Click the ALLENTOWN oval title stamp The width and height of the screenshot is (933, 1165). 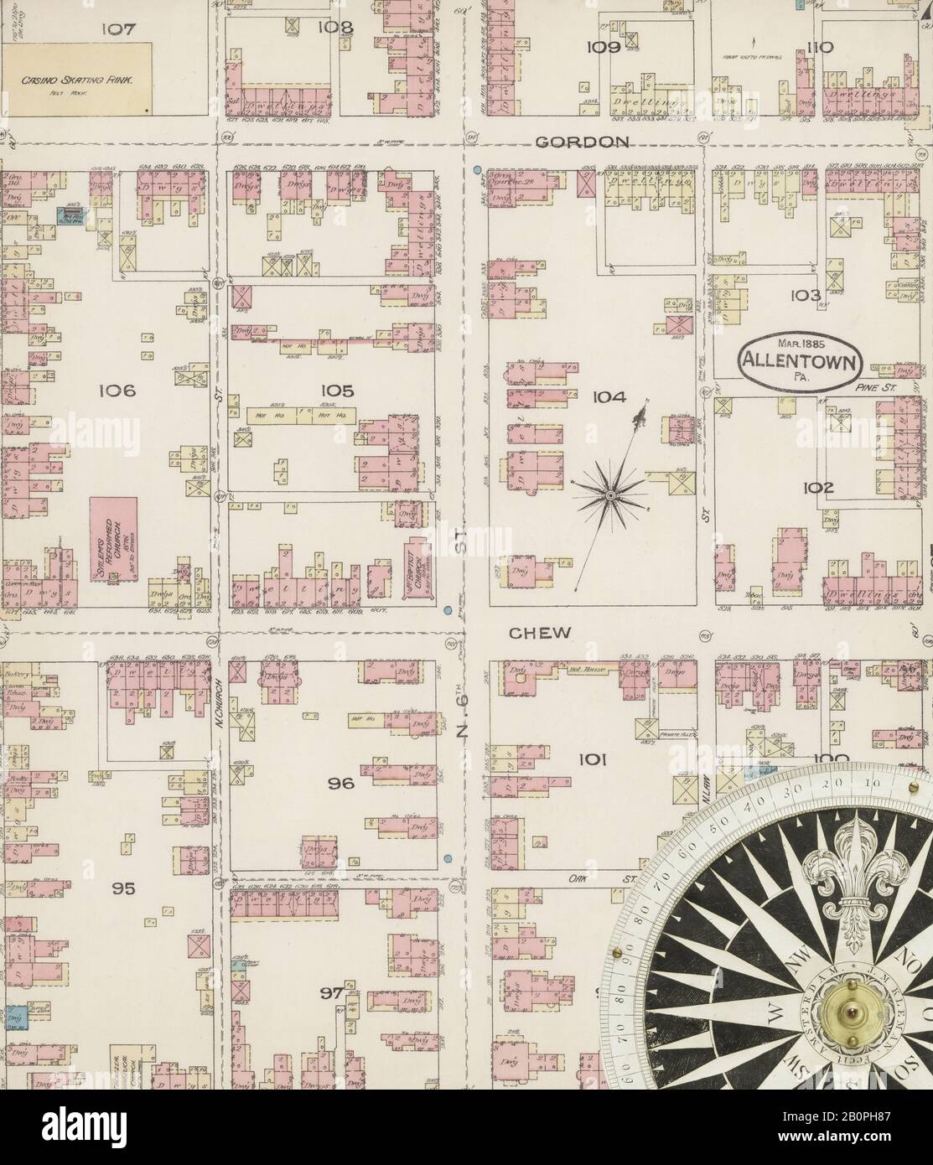pos(800,360)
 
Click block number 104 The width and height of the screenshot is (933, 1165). pos(608,396)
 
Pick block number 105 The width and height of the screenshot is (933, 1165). pos(336,391)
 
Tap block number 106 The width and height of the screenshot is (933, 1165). pos(117,391)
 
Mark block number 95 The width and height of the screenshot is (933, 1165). pos(123,888)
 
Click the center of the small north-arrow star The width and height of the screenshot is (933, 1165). pos(611,496)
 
